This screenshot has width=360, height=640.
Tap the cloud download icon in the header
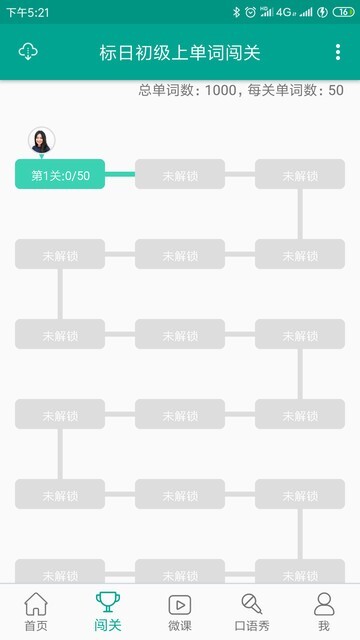click(28, 52)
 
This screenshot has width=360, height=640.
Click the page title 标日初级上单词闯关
click(180, 52)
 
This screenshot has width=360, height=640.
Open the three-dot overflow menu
click(338, 52)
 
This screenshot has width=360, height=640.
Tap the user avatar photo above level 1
click(41, 140)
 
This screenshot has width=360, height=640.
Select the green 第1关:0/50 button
click(60, 175)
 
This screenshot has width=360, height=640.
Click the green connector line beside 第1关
click(119, 175)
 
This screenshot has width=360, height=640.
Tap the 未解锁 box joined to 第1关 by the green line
click(180, 175)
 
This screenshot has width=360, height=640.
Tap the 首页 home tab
click(36, 611)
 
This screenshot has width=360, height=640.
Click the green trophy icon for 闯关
click(107, 603)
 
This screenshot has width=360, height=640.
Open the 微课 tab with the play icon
click(180, 611)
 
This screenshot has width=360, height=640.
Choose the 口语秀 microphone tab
click(252, 611)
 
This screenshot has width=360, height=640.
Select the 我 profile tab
click(323, 611)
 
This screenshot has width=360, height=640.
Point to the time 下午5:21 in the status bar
click(28, 12)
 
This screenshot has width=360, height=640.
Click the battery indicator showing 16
click(342, 12)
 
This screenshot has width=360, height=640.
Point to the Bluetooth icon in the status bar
click(237, 12)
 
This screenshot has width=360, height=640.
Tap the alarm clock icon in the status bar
click(264, 12)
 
